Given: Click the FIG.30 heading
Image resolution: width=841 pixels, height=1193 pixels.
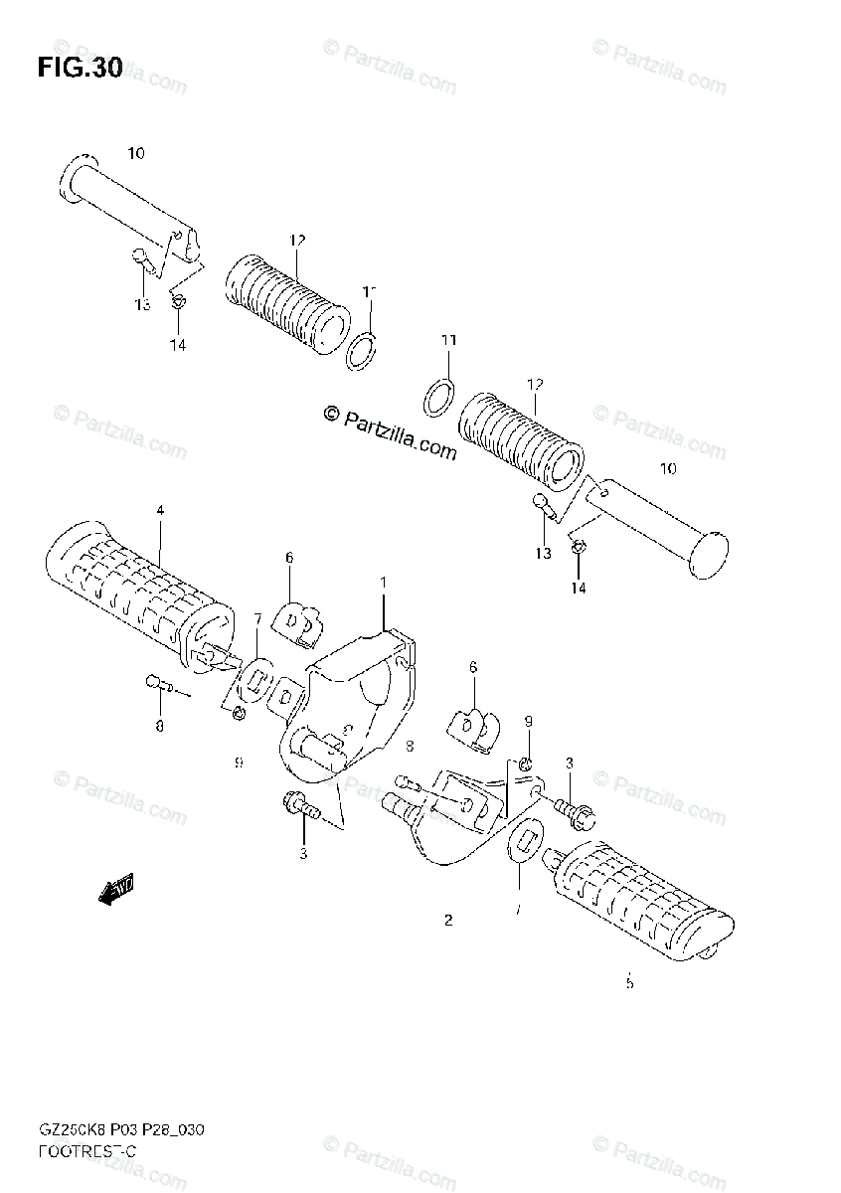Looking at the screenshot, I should pos(80,69).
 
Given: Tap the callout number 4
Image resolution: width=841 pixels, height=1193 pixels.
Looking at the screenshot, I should pos(160,510).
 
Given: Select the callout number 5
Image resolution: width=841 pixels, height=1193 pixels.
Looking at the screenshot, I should pos(629,983).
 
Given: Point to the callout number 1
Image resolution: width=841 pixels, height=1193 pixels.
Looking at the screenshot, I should pos(384,580).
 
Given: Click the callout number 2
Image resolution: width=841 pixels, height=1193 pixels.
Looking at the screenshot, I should pos(448,921).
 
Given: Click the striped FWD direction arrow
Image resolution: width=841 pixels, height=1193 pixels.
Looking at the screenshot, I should pos(117,890).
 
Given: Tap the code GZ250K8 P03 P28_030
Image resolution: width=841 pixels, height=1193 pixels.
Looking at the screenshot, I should pos(122,1130).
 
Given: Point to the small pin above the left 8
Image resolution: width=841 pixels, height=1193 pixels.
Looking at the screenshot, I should pos(159,683).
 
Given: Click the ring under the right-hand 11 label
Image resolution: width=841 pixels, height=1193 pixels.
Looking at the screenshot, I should pos(438,398).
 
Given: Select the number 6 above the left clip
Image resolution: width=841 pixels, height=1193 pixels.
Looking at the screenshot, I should pos(289,558).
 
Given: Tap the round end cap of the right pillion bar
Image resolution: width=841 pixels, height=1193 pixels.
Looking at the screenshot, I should pos(708,554).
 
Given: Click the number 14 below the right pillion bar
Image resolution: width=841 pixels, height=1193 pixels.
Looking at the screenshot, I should pos(579,588).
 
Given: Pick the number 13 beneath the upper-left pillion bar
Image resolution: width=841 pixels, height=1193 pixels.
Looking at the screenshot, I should pos(142,303).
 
